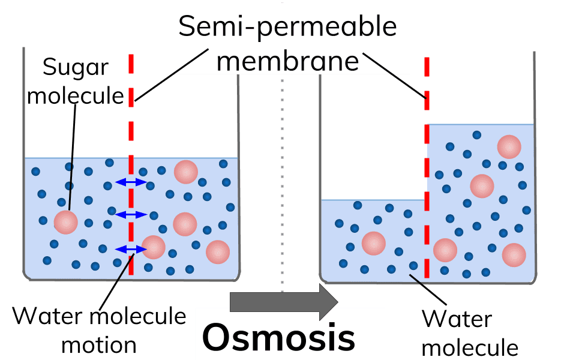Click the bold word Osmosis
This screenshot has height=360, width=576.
coord(278,337)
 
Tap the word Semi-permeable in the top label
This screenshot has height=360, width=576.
coord(287,26)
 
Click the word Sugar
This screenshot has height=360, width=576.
coord(76,68)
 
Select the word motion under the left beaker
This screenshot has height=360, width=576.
coord(99,346)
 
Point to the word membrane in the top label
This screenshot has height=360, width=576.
coord(287,61)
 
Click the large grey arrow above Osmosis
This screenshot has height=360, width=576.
coord(284,302)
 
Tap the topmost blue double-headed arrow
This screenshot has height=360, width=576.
coord(131,181)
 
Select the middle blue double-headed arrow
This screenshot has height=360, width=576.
coord(131,215)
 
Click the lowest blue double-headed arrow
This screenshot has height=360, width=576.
coord(131,250)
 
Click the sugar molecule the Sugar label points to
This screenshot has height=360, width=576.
coord(66,222)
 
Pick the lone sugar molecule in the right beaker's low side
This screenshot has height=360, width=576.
coord(374,243)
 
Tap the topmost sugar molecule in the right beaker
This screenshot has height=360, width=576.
coord(509,146)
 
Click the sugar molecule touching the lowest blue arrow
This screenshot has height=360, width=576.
coord(153,247)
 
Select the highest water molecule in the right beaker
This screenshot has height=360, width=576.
coord(477,135)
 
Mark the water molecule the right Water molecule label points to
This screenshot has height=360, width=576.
coord(413,266)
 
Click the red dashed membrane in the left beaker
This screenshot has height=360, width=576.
coord(131,164)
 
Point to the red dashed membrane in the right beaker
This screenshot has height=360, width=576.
coord(427,167)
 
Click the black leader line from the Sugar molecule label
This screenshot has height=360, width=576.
coord(73,157)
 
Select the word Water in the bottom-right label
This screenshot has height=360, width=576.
coord(457,319)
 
